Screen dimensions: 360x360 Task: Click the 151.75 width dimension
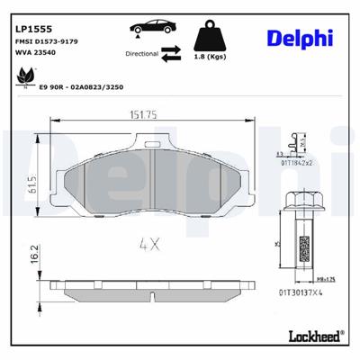coord(145,140)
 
